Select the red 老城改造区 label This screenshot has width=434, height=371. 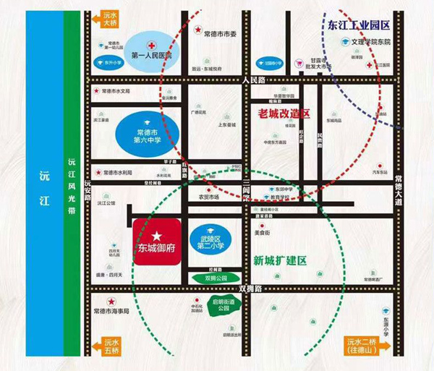284,114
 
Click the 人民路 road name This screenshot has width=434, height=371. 255,80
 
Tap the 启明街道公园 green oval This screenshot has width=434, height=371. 220,305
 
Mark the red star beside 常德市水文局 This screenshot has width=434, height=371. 97,91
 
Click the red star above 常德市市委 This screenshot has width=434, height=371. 197,29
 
